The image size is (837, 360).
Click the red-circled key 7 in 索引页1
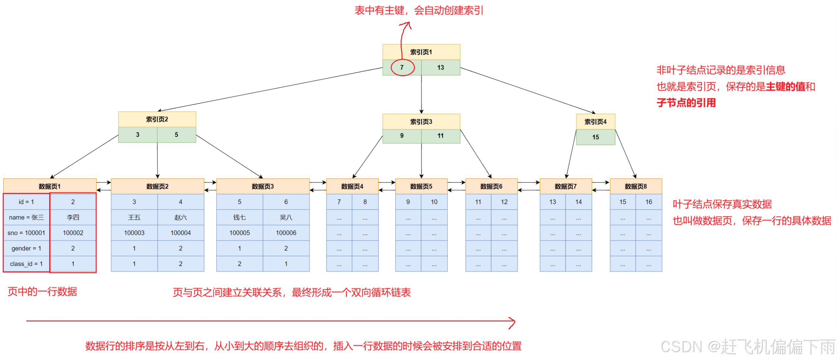[402, 68]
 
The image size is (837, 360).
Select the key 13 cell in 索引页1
[441, 68]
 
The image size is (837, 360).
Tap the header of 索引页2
[157, 119]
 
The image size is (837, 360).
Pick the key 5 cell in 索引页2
[176, 135]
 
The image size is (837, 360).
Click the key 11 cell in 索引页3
[441, 136]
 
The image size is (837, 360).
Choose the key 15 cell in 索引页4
[595, 137]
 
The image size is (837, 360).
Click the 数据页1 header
[50, 186]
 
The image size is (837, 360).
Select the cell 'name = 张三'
[26, 217]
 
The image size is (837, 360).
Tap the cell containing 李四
[73, 217]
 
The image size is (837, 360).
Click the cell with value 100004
[181, 233]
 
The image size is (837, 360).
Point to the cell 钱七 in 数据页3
[240, 217]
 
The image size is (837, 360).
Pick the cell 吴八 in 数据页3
[286, 217]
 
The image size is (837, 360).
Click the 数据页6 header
[491, 186]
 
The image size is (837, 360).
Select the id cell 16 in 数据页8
[649, 202]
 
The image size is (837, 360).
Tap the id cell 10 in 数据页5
[434, 202]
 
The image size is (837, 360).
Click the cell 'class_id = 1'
[26, 264]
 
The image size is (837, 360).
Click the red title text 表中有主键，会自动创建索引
[419, 11]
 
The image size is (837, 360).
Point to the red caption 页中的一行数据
[42, 291]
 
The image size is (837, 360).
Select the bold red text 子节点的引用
[686, 103]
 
